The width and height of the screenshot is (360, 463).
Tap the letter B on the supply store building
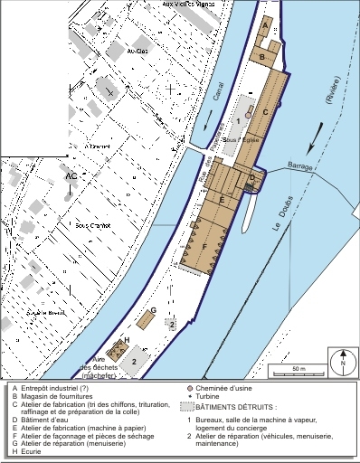pyautogui.click(x=261, y=57)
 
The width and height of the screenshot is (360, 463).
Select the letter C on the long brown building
pyautogui.click(x=265, y=112)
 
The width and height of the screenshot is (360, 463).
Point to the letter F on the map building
pyautogui.click(x=204, y=246)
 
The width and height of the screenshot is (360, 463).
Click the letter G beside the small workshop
pyautogui.click(x=154, y=310)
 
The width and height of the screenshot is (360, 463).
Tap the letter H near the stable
pyautogui.click(x=126, y=339)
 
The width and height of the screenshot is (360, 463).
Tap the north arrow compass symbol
pyautogui.click(x=342, y=360)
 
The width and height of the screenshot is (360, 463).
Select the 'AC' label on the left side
pyautogui.click(x=71, y=176)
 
